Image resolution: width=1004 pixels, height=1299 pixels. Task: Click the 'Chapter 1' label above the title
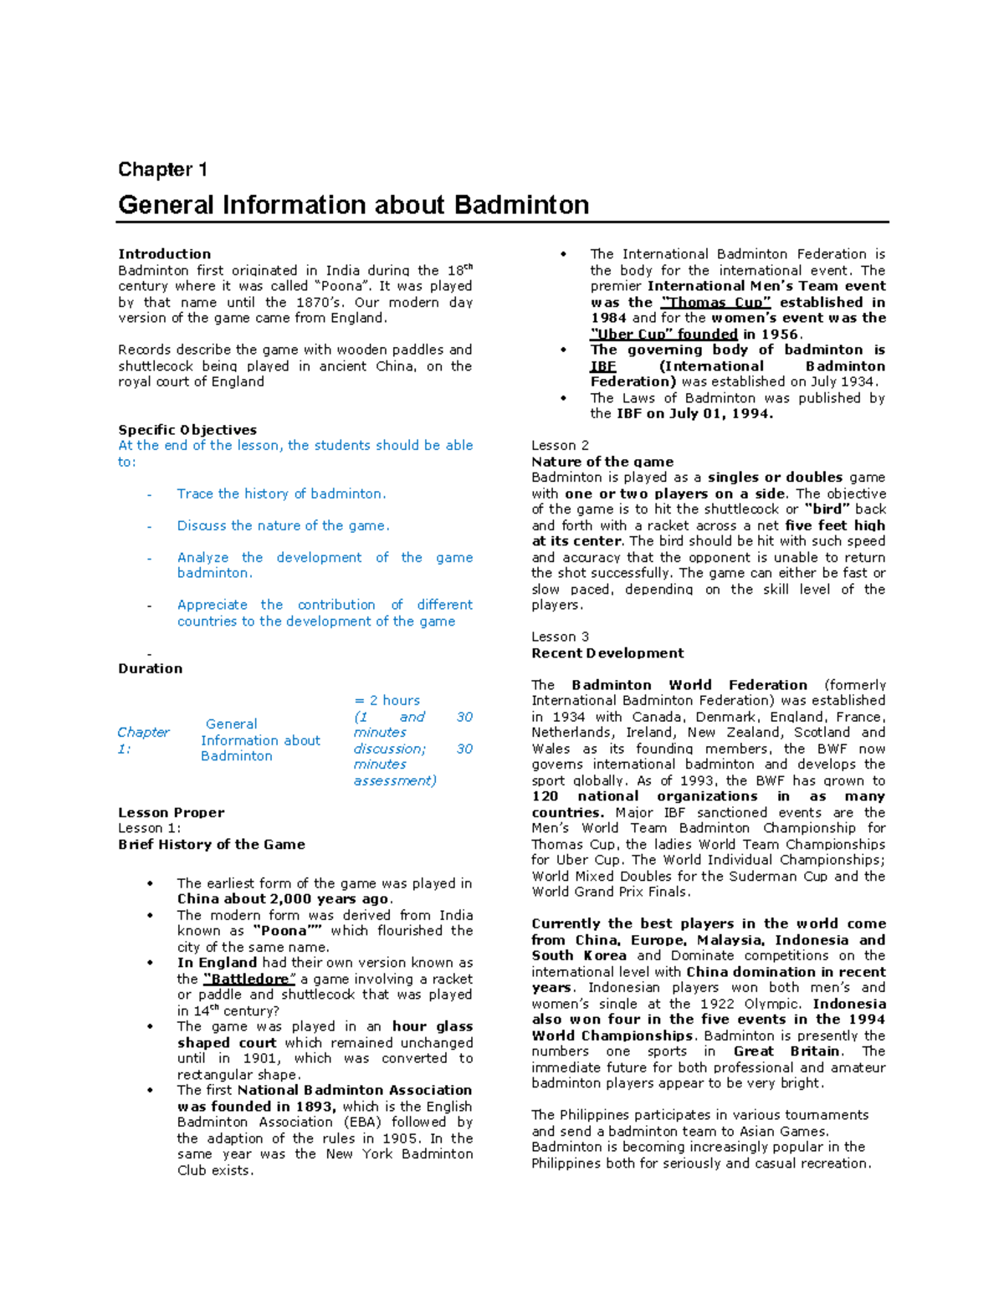pos(162,170)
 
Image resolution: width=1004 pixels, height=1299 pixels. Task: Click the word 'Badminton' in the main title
pos(521,205)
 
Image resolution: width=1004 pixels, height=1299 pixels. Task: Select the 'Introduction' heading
pos(164,254)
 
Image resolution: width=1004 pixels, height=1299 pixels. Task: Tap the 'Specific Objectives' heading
pos(187,430)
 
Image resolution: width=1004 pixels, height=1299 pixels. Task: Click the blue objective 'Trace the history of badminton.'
pos(281,494)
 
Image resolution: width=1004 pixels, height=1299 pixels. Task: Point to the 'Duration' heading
pos(150,668)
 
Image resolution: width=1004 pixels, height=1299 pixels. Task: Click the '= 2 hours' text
pos(387,701)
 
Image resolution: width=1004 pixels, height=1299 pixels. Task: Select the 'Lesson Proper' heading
pos(171,812)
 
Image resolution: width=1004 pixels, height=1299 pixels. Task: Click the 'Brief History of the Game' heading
pos(211,845)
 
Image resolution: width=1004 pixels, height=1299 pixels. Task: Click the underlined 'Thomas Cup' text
pos(715,303)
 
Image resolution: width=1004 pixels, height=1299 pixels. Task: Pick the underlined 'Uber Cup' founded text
pos(663,335)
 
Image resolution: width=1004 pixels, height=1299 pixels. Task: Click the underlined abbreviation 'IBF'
pos(602,366)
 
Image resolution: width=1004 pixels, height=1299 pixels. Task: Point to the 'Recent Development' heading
pos(607,653)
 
